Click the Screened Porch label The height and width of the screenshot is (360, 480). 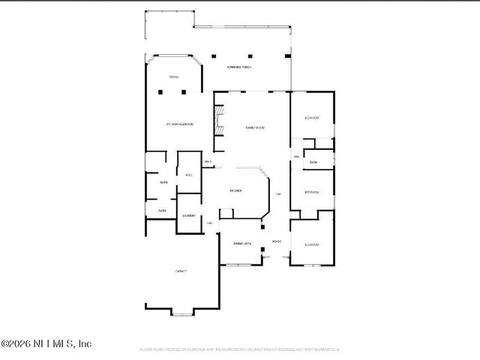coord(240,67)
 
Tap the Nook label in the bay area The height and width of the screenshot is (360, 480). coord(174,77)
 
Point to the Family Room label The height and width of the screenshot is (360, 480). coord(255,128)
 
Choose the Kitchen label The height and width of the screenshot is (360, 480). coord(235,191)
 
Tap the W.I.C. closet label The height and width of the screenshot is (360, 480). coord(189,175)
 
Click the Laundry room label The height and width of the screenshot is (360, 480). coord(188,216)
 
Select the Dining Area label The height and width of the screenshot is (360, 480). coord(241,244)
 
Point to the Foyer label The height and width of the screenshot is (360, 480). coord(277,241)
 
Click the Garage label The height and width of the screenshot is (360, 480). coord(181,271)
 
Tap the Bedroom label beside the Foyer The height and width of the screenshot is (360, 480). coord(312,244)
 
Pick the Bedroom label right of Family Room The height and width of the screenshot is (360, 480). coord(312,118)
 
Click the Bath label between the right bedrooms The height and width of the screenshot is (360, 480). coord(313,162)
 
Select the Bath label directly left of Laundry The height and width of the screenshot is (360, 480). coord(162,211)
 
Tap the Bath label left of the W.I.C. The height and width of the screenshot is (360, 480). coord(163,182)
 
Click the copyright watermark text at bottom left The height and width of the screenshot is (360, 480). coord(46,344)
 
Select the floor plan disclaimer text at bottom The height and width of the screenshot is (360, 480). coord(240,349)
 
